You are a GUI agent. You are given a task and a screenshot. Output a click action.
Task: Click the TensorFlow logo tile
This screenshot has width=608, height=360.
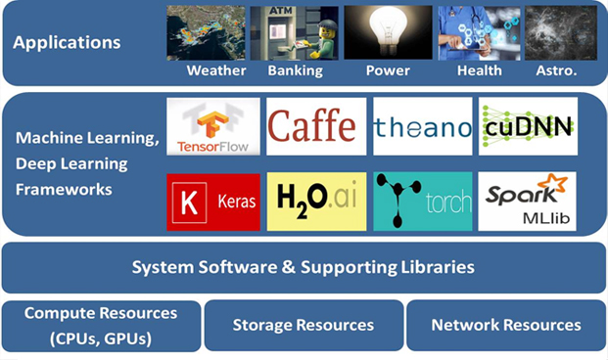tap(213, 126)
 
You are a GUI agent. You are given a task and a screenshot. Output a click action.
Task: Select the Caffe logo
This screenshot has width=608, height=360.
tap(316, 126)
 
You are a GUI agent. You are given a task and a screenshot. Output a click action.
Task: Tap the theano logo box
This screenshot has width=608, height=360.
tap(423, 126)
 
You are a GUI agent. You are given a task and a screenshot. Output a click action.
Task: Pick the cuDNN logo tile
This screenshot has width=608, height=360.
tap(528, 126)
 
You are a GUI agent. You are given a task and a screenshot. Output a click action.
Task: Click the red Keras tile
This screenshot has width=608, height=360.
tap(213, 202)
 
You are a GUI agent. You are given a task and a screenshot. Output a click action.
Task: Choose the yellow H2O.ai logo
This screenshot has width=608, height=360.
tap(316, 202)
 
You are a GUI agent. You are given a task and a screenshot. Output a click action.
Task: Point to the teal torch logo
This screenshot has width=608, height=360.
tap(423, 202)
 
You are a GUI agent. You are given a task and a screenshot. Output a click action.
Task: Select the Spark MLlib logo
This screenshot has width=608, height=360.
tap(528, 202)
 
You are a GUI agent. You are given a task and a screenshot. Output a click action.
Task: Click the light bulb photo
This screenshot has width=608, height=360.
tap(388, 32)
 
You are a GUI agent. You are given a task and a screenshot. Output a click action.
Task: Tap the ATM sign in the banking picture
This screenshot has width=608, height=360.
tap(280, 11)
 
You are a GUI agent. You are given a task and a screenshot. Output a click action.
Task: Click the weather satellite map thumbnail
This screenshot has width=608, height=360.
tap(206, 32)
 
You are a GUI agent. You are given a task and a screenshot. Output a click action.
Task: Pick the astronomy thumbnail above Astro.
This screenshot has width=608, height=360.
tap(561, 32)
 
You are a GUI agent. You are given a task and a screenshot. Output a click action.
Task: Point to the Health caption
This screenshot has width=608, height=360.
tap(480, 70)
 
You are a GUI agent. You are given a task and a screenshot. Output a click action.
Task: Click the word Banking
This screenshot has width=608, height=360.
tap(296, 70)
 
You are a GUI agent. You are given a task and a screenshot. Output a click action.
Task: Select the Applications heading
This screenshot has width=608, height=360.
tap(67, 43)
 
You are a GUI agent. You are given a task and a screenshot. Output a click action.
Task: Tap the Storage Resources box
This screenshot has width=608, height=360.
tap(304, 325)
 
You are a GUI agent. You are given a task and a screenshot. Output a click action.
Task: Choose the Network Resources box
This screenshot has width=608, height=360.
tap(506, 325)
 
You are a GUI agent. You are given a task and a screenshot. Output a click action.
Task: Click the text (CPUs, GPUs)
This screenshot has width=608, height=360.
tap(101, 338)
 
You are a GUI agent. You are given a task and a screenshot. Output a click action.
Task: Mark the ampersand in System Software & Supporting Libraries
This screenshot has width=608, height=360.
tap(289, 267)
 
